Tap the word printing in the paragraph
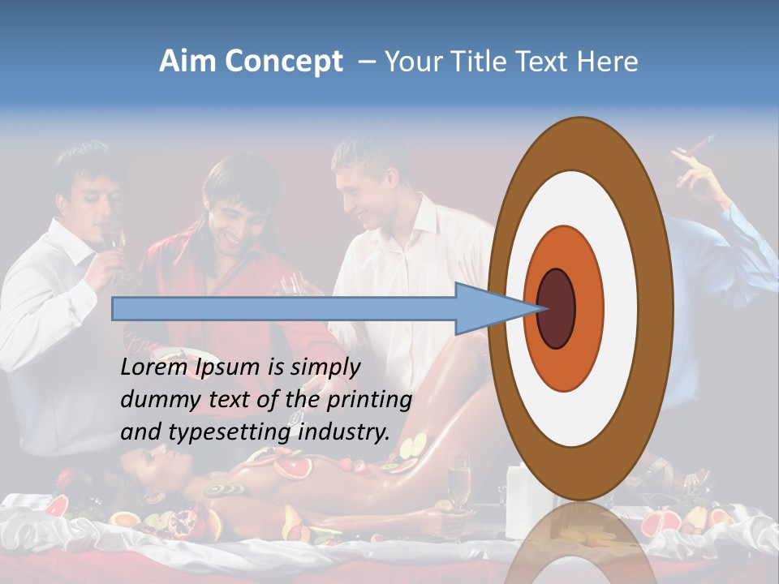coord(368,401)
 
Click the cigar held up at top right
coord(699,148)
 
